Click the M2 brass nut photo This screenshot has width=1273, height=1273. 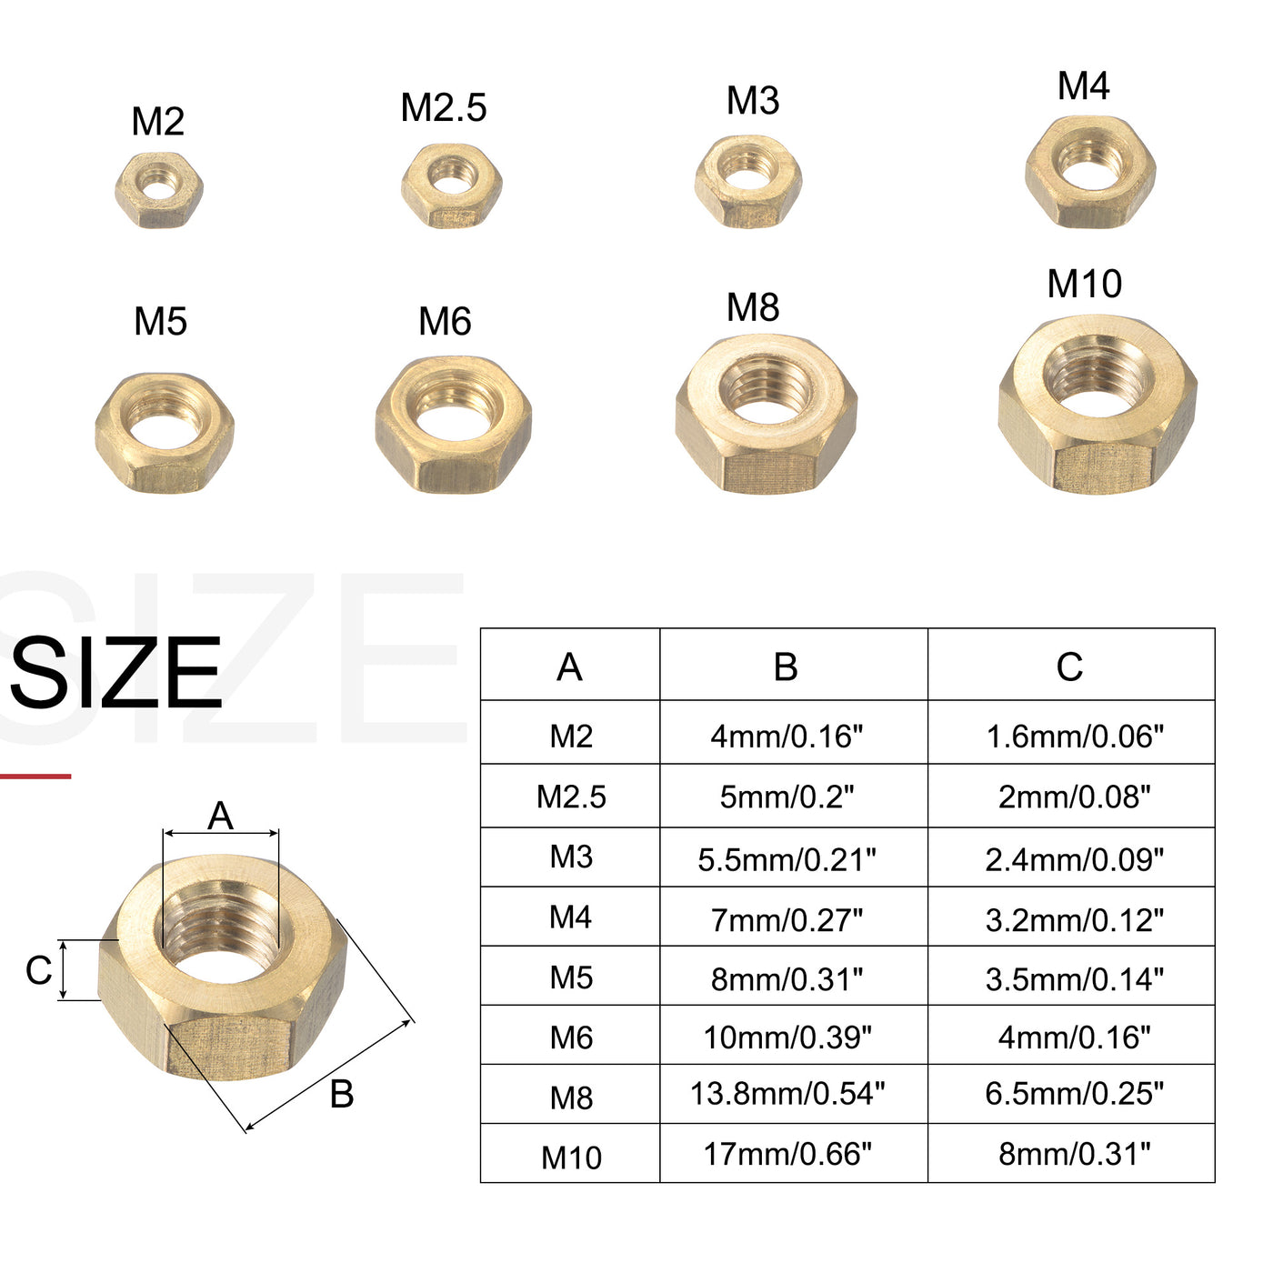(159, 190)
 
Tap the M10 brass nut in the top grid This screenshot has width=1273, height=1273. (1097, 404)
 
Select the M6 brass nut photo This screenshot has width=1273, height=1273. (453, 424)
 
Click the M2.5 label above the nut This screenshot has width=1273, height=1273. (444, 108)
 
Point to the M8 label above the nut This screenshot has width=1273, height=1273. (753, 308)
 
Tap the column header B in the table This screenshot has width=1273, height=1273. (786, 667)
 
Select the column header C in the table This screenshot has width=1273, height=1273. (1069, 667)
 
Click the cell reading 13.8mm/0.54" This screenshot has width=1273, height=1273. (787, 1094)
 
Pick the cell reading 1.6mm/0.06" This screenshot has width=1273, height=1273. (1074, 737)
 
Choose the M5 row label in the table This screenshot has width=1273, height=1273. (571, 978)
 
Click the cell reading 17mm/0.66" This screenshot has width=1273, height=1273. (787, 1155)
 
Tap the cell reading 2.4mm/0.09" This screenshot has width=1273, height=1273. (1074, 859)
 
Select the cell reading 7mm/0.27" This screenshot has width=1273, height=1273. (787, 920)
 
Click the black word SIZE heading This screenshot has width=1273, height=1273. (116, 674)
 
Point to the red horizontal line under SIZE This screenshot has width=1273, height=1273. (35, 776)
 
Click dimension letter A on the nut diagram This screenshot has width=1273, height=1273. (220, 817)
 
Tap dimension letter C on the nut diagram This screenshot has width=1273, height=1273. (38, 970)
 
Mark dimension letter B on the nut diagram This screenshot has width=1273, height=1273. (342, 1094)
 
